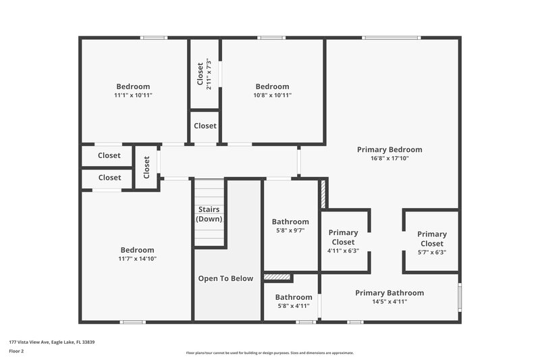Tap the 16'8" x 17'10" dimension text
click(x=389, y=158)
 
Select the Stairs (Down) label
click(x=209, y=214)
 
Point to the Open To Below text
click(x=225, y=278)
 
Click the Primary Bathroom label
click(x=389, y=292)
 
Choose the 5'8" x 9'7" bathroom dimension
click(x=290, y=230)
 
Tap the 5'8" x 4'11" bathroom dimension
click(x=293, y=305)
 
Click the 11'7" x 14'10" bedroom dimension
click(x=137, y=258)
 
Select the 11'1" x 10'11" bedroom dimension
click(x=133, y=95)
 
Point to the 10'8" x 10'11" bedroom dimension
click(x=272, y=95)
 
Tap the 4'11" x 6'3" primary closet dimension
click(x=343, y=251)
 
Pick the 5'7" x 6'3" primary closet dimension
click(x=431, y=252)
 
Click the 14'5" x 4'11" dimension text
click(x=389, y=301)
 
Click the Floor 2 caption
click(x=16, y=351)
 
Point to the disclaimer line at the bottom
click(x=269, y=353)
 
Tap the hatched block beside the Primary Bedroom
click(x=323, y=193)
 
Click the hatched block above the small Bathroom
click(x=277, y=277)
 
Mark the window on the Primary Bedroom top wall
click(x=391, y=37)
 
